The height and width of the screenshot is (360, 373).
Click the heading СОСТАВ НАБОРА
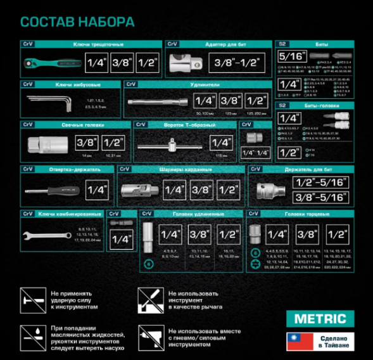point(77,22)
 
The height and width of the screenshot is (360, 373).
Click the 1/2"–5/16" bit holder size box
point(320,183)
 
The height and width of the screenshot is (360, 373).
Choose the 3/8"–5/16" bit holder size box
point(320,197)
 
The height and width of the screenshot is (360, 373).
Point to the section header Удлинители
point(204,84)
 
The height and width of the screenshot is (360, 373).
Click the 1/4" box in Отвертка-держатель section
point(98,190)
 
